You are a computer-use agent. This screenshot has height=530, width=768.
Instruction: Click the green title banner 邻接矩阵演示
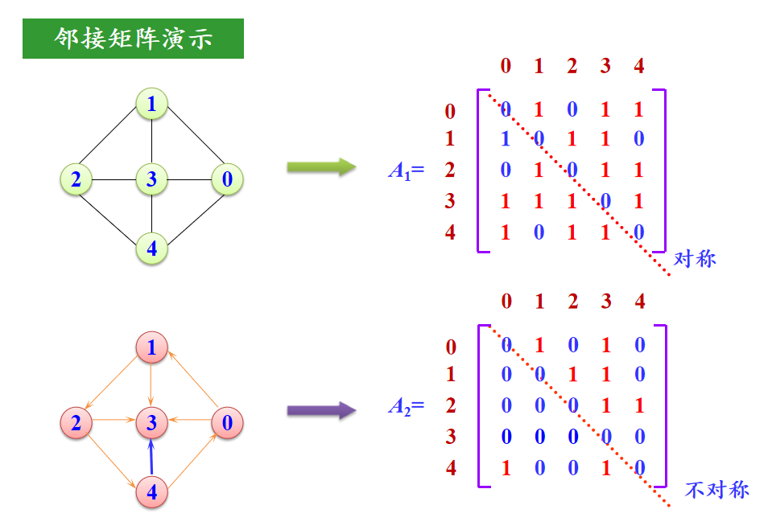[133, 39]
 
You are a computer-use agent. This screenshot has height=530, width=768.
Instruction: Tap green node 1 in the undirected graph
[151, 104]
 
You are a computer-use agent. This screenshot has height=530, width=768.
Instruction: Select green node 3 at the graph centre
[151, 179]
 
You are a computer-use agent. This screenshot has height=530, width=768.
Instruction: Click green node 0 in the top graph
[227, 179]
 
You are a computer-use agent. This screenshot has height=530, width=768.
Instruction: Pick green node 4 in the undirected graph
[151, 249]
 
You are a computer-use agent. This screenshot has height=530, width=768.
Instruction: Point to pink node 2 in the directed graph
[76, 423]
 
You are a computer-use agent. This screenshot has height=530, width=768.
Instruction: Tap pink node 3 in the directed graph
[151, 423]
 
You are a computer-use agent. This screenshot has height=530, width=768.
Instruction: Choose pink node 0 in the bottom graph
[227, 423]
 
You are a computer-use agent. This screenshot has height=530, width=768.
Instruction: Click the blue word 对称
[695, 259]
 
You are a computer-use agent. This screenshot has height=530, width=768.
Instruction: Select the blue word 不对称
[716, 490]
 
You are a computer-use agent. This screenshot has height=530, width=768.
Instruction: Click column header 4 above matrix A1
[639, 66]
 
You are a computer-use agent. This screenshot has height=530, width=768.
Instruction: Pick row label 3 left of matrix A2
[451, 437]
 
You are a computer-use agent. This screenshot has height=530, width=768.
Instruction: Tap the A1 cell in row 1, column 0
[506, 139]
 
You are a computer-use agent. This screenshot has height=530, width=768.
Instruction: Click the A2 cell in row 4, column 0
[506, 468]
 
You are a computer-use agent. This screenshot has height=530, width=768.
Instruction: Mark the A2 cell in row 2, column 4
[640, 405]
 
